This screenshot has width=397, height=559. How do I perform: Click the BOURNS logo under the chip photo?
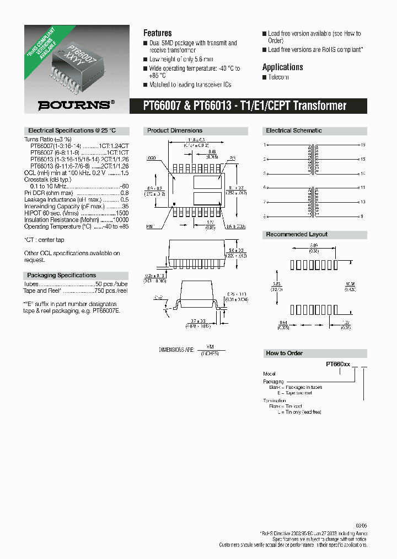[x=76, y=104]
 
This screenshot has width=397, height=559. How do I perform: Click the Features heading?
[x=157, y=33]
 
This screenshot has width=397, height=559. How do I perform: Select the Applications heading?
[x=282, y=67]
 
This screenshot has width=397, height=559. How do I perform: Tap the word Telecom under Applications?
[x=278, y=77]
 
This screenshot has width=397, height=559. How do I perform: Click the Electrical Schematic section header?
[x=294, y=131]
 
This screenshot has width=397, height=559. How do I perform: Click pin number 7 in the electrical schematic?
[x=265, y=202]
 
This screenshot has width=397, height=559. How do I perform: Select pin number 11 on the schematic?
[x=363, y=188]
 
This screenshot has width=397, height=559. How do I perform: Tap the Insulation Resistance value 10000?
[x=120, y=220]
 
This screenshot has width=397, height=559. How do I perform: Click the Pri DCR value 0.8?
[x=125, y=193]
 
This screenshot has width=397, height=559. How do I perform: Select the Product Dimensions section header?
[x=175, y=131]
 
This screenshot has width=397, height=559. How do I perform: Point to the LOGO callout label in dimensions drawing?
[x=151, y=159]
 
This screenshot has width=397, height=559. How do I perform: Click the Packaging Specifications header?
[x=61, y=275]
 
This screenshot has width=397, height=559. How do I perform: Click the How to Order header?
[x=285, y=353]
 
